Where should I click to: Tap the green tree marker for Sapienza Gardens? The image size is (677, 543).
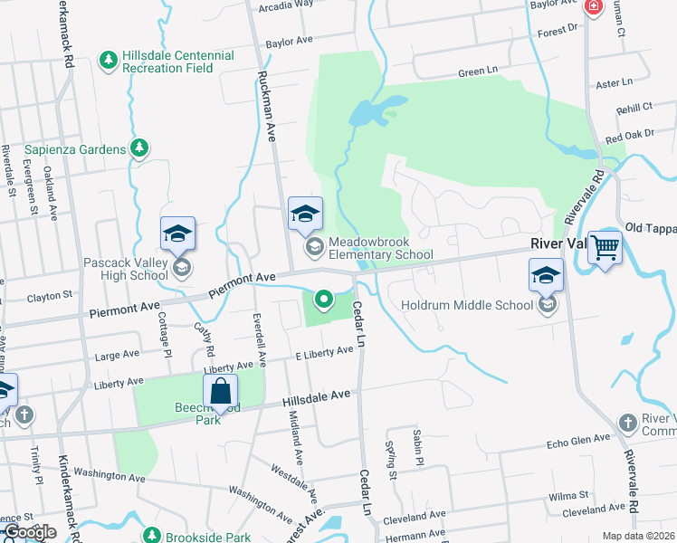(138, 148)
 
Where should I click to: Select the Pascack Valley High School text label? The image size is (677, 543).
(126, 269)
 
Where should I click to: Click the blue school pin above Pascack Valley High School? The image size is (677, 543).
(177, 233)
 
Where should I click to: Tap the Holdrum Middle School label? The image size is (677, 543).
(467, 305)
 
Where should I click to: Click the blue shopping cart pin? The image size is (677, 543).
(604, 246)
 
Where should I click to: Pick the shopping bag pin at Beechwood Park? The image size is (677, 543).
(220, 393)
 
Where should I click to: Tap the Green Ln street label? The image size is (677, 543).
(478, 72)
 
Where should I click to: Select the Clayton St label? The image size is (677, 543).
(49, 296)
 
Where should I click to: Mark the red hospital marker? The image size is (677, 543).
(593, 8)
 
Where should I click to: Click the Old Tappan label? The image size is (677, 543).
(651, 227)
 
